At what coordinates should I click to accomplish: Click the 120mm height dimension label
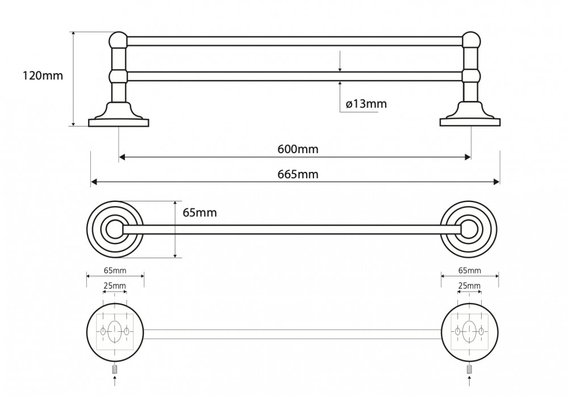tap(43, 75)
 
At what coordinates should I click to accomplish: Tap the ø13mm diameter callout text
tap(366, 104)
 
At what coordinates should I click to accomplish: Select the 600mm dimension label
tap(298, 149)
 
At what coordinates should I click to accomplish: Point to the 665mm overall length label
tap(298, 175)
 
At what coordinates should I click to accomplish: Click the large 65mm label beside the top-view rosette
tap(199, 213)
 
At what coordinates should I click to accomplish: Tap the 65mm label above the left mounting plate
tap(115, 271)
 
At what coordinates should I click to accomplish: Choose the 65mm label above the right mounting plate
tap(470, 271)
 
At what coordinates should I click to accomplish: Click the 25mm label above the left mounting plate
tap(115, 286)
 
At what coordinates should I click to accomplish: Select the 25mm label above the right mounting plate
tap(469, 286)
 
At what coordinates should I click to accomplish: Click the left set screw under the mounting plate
tap(115, 369)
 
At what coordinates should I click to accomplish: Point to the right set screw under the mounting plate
tap(470, 369)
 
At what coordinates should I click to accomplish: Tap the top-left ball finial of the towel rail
tap(118, 40)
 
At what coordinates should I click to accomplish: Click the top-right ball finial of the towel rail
tap(471, 40)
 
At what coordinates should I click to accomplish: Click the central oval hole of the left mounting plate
tap(115, 331)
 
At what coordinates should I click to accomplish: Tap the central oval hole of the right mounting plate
tap(470, 331)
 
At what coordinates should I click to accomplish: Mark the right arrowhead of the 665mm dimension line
tap(496, 182)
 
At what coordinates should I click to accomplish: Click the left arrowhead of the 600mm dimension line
tap(122, 157)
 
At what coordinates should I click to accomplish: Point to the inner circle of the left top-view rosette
tap(115, 229)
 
